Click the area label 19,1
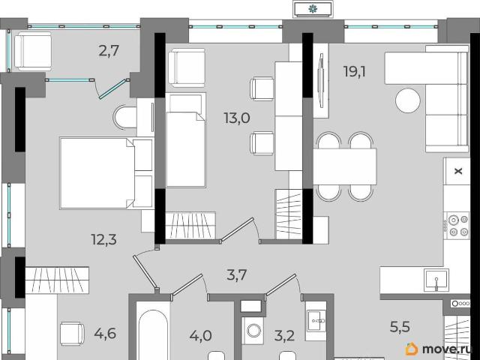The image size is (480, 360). click(355, 72)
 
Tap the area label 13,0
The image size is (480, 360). click(237, 118)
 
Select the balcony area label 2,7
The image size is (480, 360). click(109, 51)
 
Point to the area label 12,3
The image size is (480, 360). click(104, 239)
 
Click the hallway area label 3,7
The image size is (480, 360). click(237, 274)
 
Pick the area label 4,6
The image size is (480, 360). click(105, 333)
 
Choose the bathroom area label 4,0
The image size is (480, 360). click(200, 336)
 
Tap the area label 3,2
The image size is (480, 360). click(284, 336)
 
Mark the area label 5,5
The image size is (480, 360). click(400, 327)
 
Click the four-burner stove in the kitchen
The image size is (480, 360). click(457, 226)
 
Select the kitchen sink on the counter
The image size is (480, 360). click(436, 280)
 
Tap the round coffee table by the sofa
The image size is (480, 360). click(408, 100)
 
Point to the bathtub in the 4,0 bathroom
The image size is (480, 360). click(153, 334)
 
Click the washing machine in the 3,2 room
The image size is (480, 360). click(253, 331)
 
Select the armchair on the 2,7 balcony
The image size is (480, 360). click(33, 52)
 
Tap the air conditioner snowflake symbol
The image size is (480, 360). click(313, 9)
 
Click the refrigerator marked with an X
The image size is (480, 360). click(457, 171)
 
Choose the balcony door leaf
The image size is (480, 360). click(112, 89)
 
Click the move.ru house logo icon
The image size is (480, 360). click(412, 349)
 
